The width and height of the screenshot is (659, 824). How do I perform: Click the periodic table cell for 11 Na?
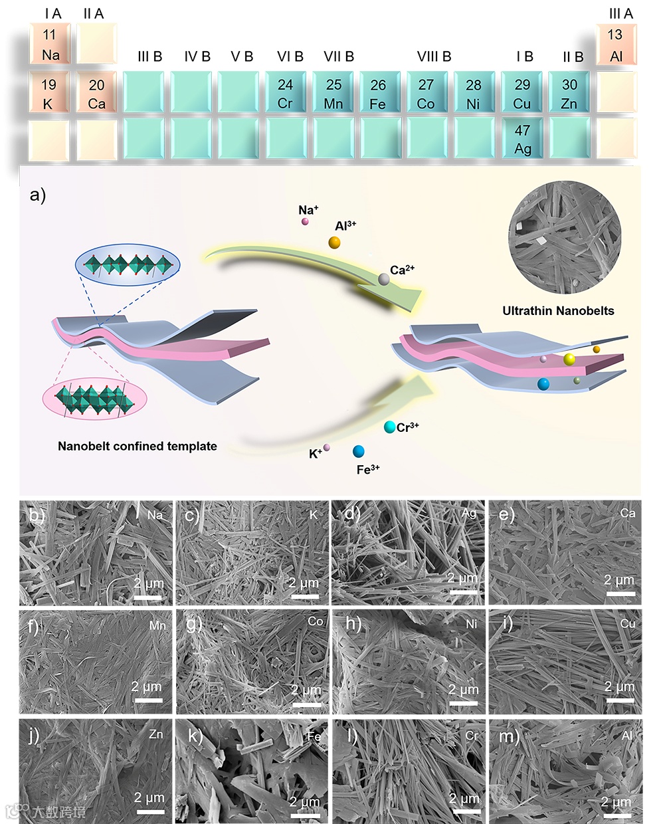(x=50, y=45)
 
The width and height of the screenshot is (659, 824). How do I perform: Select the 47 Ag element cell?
(x=523, y=140)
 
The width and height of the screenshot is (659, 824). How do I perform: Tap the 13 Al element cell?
(x=616, y=45)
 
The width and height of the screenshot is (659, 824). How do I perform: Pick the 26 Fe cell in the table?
(x=378, y=94)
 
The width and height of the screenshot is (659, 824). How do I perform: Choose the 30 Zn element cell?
(x=569, y=94)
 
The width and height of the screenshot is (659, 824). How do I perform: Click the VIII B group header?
(x=434, y=56)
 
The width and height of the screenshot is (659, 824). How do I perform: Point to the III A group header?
(x=621, y=13)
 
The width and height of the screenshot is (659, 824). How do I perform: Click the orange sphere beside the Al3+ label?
(x=334, y=243)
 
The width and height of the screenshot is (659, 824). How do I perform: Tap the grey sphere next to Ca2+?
(x=383, y=279)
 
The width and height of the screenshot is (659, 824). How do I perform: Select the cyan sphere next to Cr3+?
(x=389, y=427)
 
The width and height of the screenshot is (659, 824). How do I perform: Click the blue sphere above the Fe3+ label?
(x=359, y=452)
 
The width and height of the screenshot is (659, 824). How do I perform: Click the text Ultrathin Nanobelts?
(x=558, y=310)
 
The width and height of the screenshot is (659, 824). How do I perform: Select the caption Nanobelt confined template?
(x=138, y=446)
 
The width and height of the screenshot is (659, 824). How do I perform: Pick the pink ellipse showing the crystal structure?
(x=94, y=399)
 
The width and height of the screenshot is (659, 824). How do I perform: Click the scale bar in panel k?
(x=305, y=815)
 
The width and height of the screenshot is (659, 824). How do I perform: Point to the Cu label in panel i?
(x=628, y=623)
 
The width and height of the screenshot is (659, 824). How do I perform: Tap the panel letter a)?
(x=38, y=195)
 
